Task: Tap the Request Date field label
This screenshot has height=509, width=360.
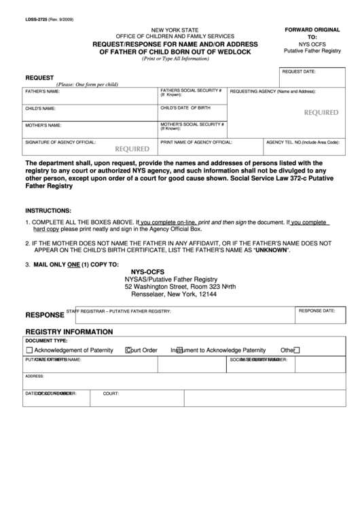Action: (298, 71)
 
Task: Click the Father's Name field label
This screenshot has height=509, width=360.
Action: (42, 91)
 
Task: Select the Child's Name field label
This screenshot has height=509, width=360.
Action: (40, 109)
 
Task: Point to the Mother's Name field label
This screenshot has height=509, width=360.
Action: (43, 126)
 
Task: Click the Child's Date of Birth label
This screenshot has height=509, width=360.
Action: (185, 108)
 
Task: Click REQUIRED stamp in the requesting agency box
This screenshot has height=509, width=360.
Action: (321, 113)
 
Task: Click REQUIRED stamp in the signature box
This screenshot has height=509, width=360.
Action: (132, 148)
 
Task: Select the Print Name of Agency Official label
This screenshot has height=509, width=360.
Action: (196, 143)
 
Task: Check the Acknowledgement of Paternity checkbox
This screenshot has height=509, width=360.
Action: (29, 351)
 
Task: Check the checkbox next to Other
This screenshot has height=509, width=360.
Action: (297, 351)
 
